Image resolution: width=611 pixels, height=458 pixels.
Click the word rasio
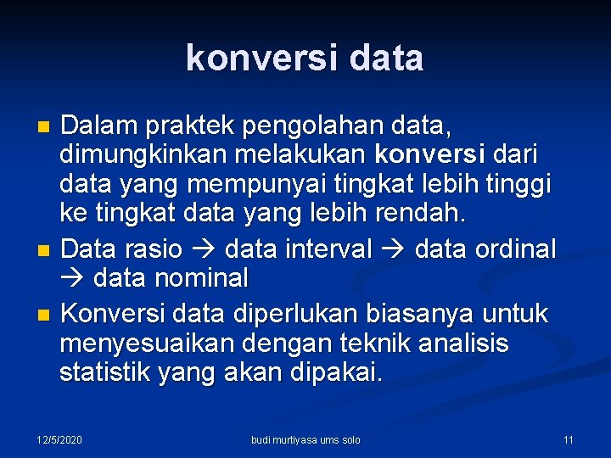point(154,249)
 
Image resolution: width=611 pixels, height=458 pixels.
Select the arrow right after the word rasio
point(204,249)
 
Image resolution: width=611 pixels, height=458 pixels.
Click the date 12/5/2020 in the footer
point(59,439)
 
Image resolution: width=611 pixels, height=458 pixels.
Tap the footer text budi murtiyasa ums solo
point(305,439)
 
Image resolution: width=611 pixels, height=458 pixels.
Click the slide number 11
point(569,439)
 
